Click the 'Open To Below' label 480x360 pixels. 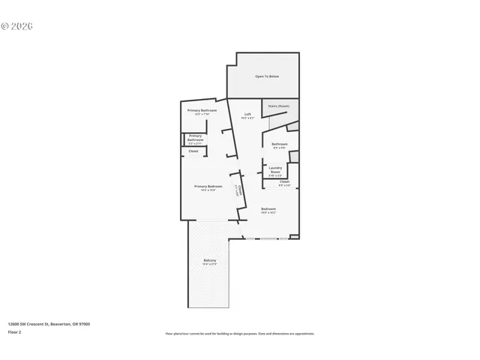click(268, 76)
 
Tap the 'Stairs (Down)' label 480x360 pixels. click(279, 106)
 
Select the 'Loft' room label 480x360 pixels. click(247, 115)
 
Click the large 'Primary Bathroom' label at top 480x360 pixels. click(202, 110)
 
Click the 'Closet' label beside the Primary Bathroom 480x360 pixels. click(193, 151)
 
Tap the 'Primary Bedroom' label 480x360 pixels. click(208, 186)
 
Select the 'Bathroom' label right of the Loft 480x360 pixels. click(280, 144)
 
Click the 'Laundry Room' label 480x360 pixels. click(275, 169)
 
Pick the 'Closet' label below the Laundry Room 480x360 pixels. click(284, 181)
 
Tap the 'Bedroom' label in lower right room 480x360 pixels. click(268, 208)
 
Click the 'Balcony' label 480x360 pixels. click(209, 260)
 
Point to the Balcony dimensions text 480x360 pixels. click(209, 264)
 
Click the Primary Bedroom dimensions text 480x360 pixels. click(208, 190)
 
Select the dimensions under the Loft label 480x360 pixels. click(247, 118)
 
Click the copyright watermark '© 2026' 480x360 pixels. click(17, 25)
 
